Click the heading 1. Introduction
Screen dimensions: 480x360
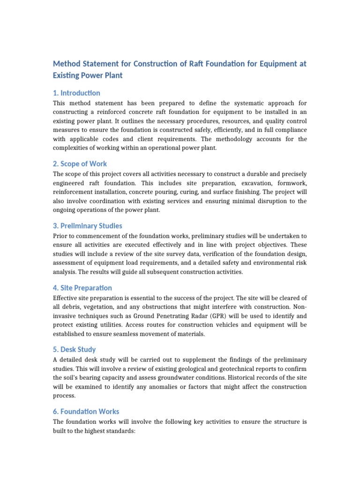(76, 93)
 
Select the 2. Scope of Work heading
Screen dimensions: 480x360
(80, 164)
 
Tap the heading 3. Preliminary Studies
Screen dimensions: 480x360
(88, 225)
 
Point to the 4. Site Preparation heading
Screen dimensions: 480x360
(82, 287)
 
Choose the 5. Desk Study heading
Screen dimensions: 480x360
(75, 349)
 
